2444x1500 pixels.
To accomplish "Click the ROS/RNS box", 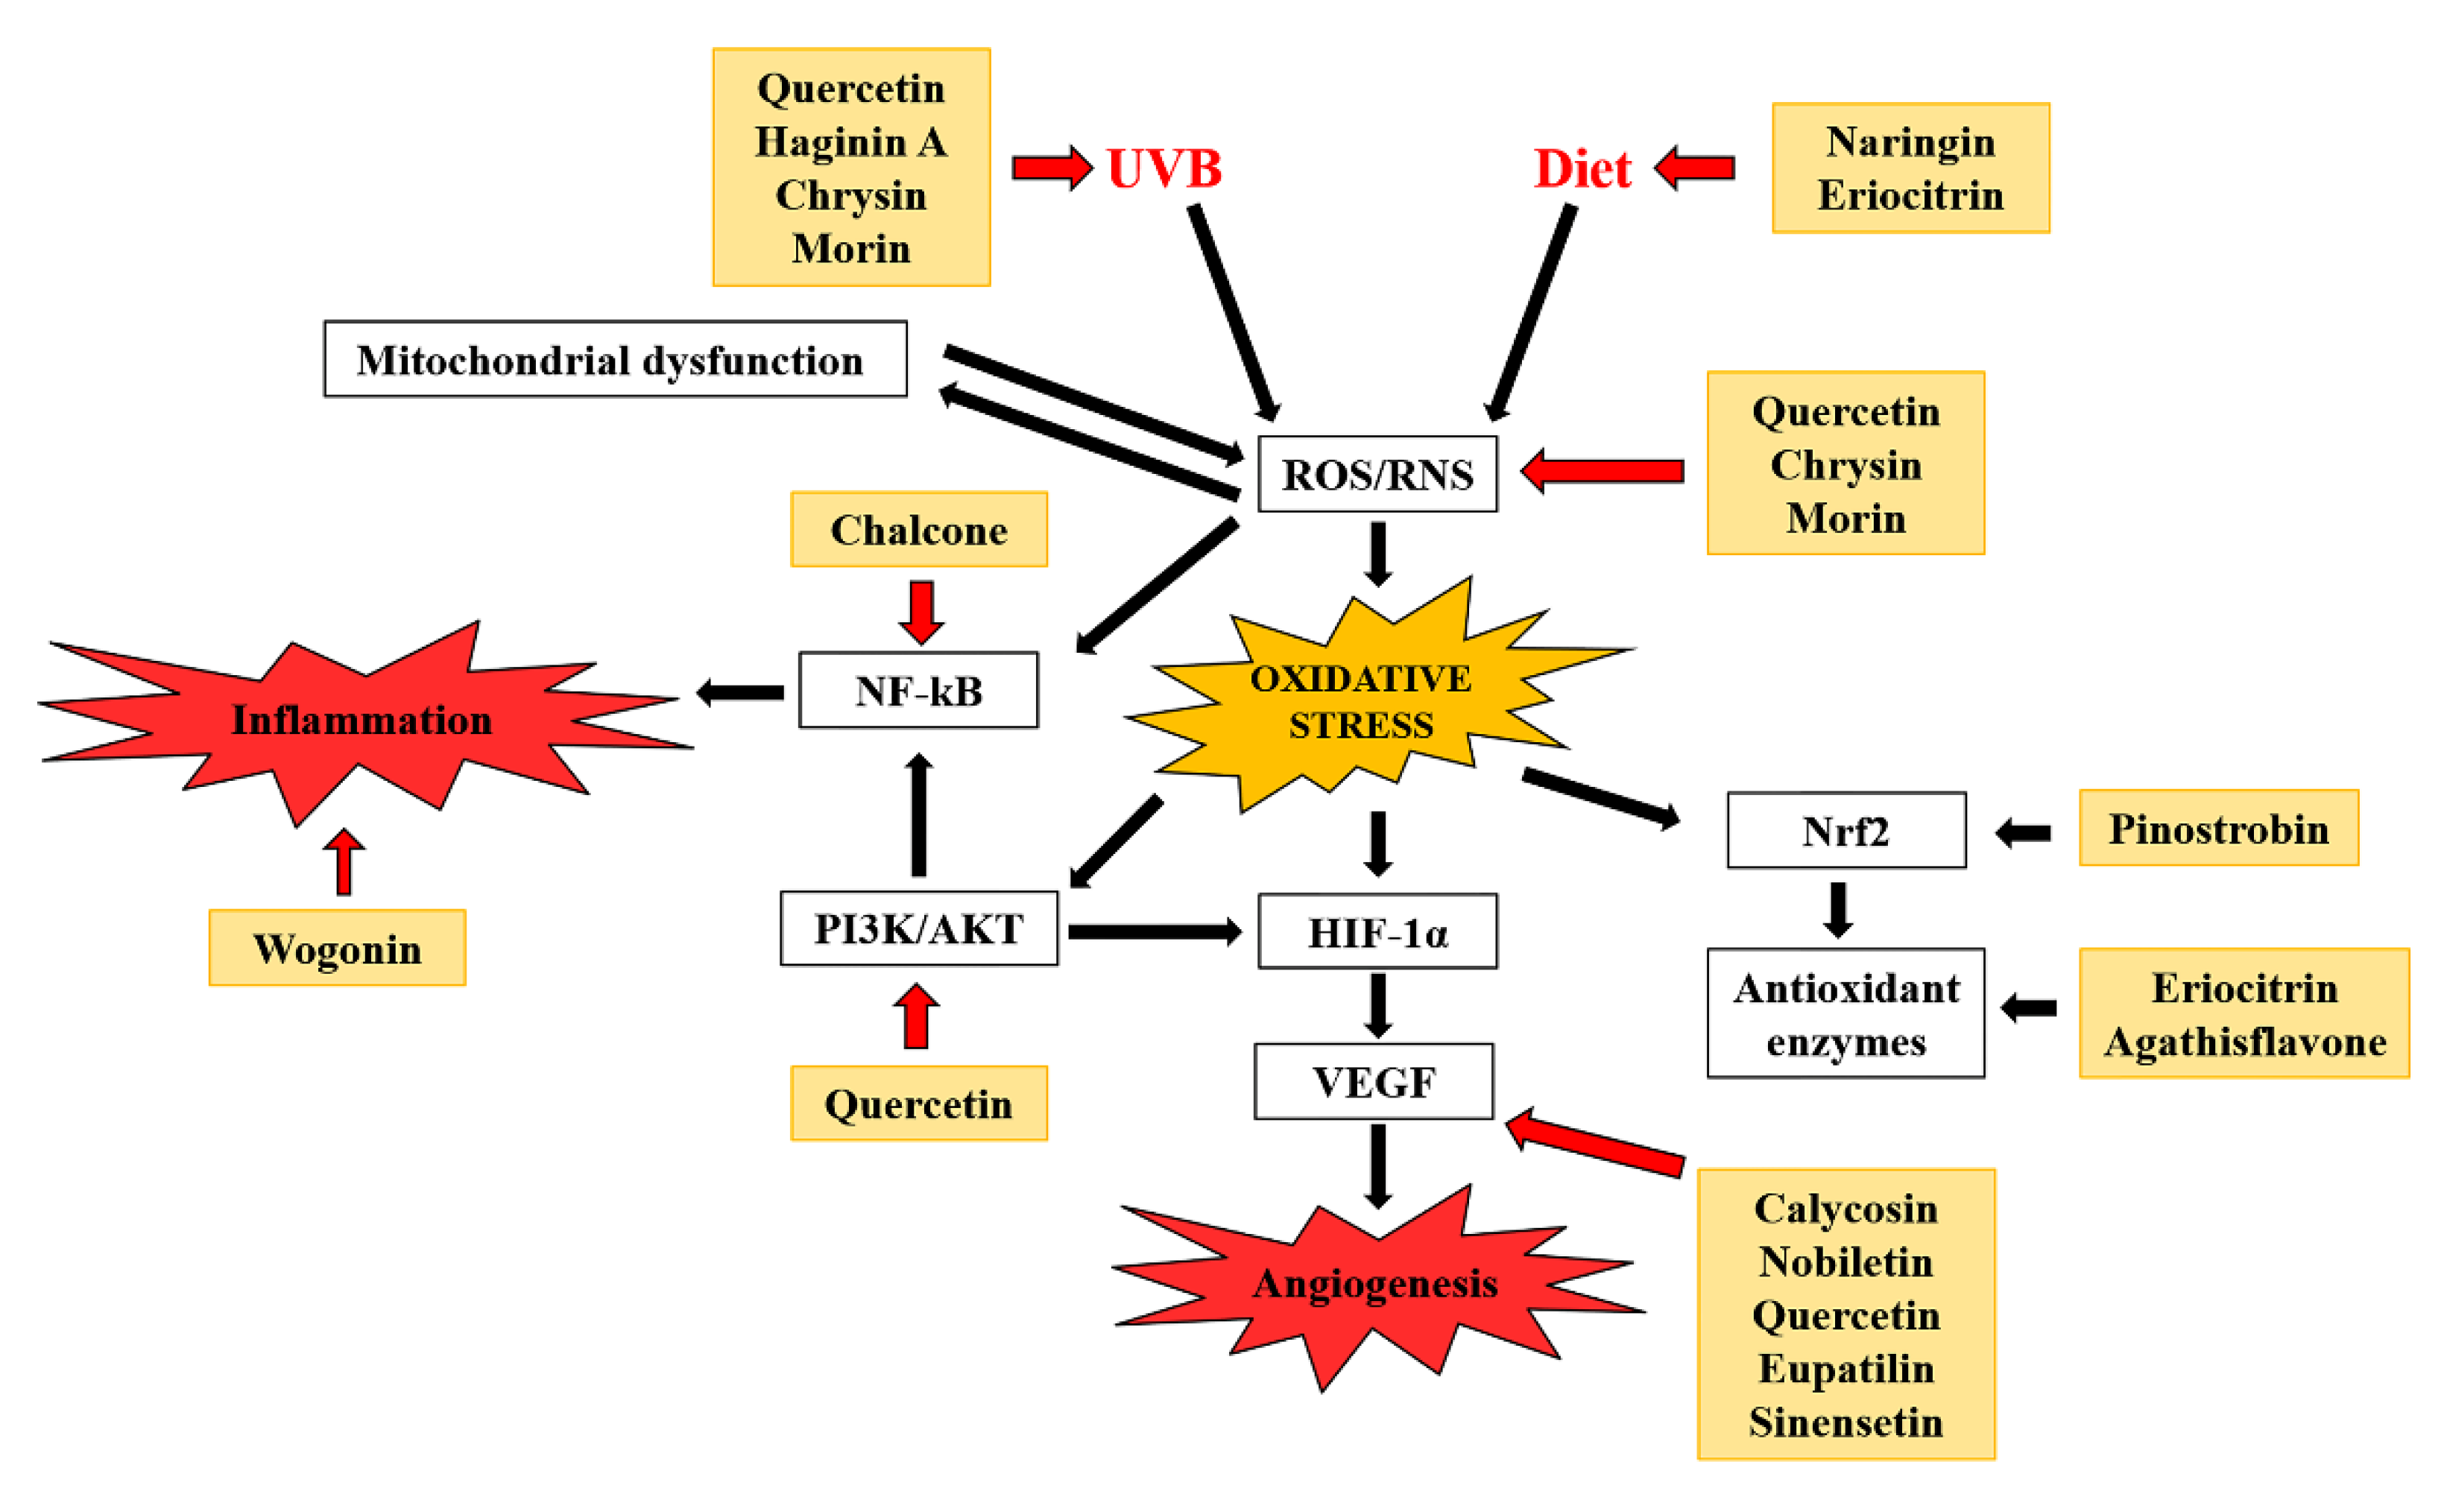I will [1377, 474].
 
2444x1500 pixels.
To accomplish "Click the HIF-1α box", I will [1377, 931].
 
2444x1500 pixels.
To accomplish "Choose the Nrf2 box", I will [1845, 830].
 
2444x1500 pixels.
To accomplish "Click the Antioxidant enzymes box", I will [1845, 1013].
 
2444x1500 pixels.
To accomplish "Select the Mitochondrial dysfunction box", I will [614, 359].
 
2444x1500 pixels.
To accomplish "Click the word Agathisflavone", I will [2244, 1041].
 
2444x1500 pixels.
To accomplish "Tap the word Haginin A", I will [850, 142].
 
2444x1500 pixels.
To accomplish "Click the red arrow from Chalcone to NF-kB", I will [921, 611].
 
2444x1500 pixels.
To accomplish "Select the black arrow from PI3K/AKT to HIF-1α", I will [1154, 931].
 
